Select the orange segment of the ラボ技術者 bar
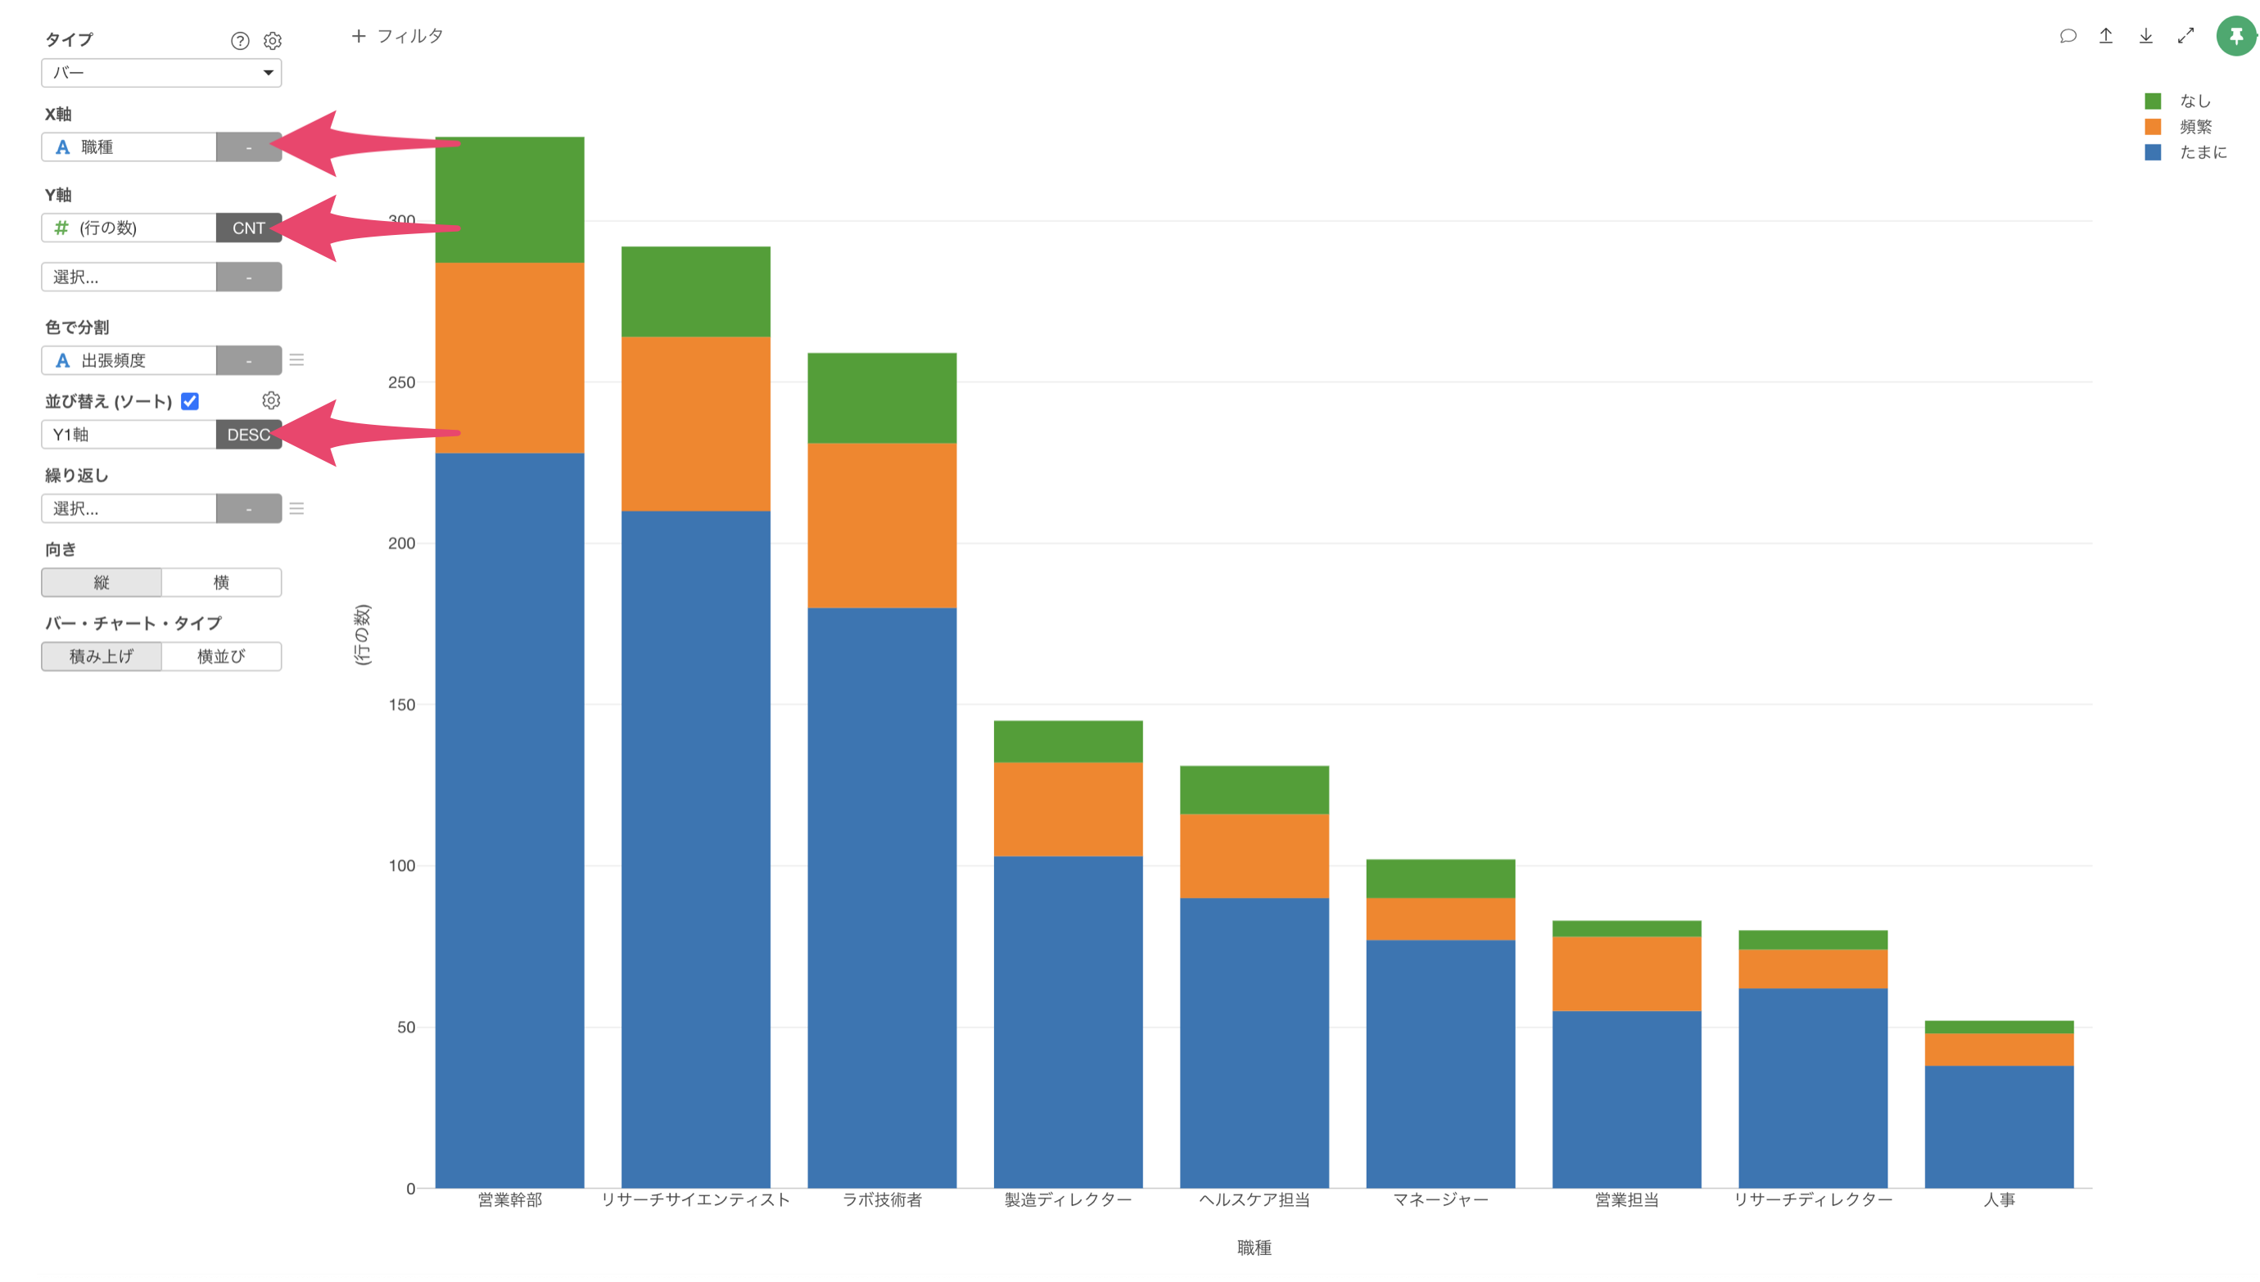pos(881,525)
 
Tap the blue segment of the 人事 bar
pos(1999,1126)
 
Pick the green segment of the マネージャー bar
pos(1440,878)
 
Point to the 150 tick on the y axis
pos(401,704)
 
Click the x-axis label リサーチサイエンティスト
pos(695,1199)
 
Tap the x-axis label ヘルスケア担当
pos(1254,1199)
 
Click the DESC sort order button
pos(248,434)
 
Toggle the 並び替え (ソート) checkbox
pos(189,401)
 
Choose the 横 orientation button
pos(221,582)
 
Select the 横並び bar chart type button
pos(221,656)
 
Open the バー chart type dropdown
pos(161,73)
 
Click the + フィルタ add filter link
pos(397,36)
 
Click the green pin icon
pos(2235,36)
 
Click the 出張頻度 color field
pos(129,360)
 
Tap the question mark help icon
pos(239,40)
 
